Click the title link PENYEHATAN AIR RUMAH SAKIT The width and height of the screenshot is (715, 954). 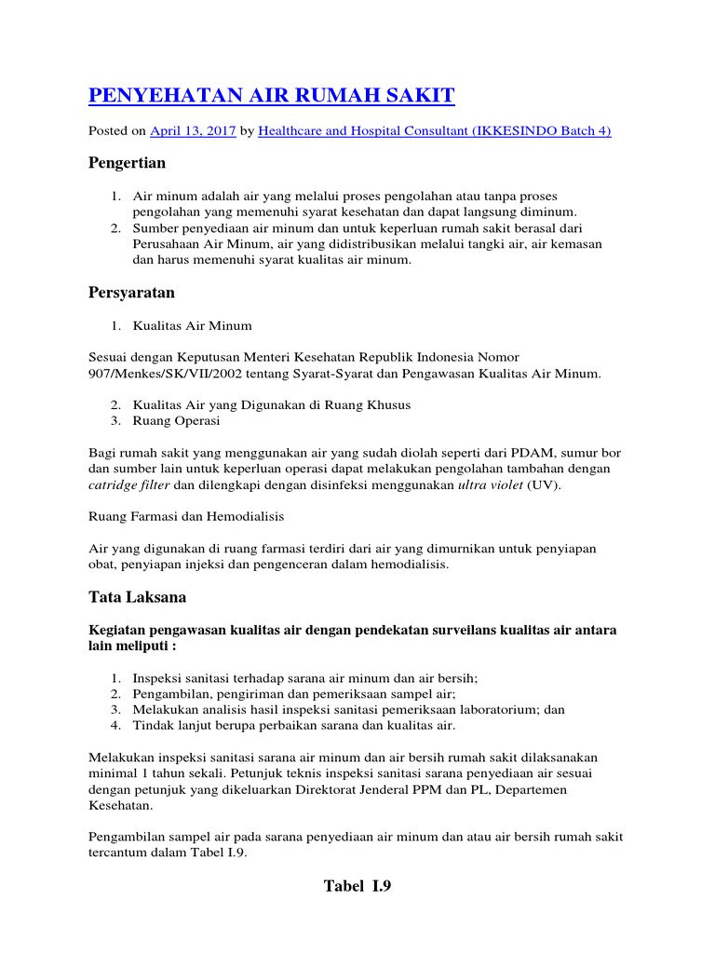(x=271, y=96)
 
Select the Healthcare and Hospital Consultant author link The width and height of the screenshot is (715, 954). (x=434, y=131)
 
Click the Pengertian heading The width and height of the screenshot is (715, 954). (x=127, y=164)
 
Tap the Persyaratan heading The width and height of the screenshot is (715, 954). (x=131, y=293)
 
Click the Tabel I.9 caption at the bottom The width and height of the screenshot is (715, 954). (x=357, y=886)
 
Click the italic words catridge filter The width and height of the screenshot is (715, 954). (x=129, y=485)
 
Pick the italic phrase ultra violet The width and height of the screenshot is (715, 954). (x=491, y=485)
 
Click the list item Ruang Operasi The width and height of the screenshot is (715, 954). (x=176, y=421)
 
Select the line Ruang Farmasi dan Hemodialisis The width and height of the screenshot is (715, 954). (x=186, y=516)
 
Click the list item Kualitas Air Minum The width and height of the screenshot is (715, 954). (x=192, y=326)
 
